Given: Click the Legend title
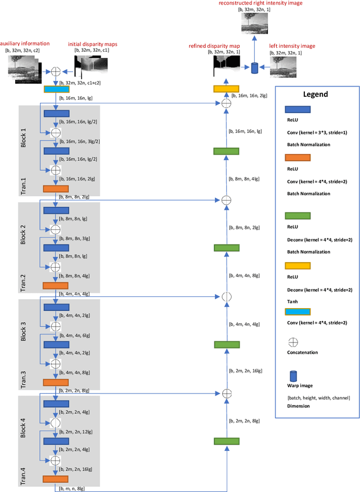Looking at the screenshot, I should (316, 94).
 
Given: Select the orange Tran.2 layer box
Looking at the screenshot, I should (56, 286).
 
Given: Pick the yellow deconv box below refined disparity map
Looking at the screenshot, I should (226, 89).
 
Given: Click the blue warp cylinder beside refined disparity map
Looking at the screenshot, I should (254, 68).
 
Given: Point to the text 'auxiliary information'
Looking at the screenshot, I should (25, 43).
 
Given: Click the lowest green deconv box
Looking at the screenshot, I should (226, 441).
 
